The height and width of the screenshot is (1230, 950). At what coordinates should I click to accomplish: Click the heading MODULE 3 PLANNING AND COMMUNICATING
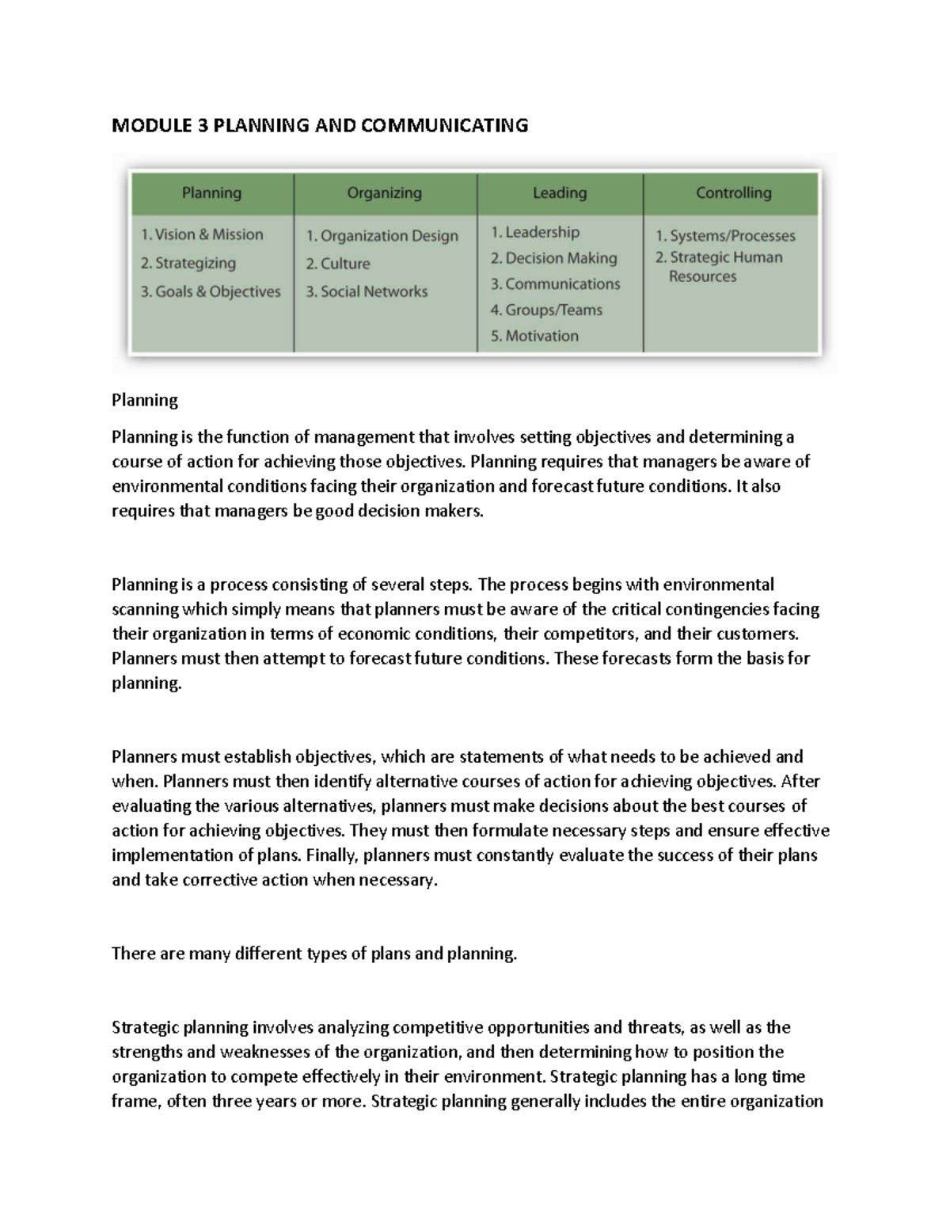click(x=320, y=125)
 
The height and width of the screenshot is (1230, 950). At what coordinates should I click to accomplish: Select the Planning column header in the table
click(x=211, y=192)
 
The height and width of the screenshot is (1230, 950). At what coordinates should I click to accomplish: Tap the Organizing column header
click(x=384, y=192)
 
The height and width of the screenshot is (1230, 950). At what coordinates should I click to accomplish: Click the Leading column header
click(x=560, y=192)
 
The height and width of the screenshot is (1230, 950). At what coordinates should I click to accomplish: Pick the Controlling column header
click(x=733, y=192)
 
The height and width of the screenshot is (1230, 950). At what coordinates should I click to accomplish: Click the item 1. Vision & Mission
click(x=202, y=234)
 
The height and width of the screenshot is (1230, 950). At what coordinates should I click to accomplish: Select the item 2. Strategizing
click(x=188, y=263)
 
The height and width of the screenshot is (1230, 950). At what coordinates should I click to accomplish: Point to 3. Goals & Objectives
click(x=211, y=291)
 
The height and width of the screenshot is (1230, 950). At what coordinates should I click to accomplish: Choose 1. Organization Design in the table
click(x=382, y=235)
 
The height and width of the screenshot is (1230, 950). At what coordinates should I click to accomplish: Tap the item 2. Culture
click(x=338, y=264)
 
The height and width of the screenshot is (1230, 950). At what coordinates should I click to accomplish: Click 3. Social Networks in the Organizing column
click(x=367, y=291)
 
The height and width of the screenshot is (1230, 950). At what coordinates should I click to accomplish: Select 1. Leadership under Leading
click(x=535, y=232)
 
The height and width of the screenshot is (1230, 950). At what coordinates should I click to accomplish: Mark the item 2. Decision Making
click(x=553, y=258)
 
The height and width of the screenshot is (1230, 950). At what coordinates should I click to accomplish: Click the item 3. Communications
click(x=555, y=284)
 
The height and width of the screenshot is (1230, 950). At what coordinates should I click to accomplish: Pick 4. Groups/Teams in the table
click(x=546, y=310)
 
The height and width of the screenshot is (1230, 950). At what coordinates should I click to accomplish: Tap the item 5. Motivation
click(x=534, y=336)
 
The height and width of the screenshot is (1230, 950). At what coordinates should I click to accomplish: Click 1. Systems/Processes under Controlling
click(x=725, y=235)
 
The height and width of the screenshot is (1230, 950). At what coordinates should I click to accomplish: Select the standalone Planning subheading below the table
click(x=145, y=400)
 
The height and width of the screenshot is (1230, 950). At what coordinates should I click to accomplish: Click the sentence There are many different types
click(x=313, y=954)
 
